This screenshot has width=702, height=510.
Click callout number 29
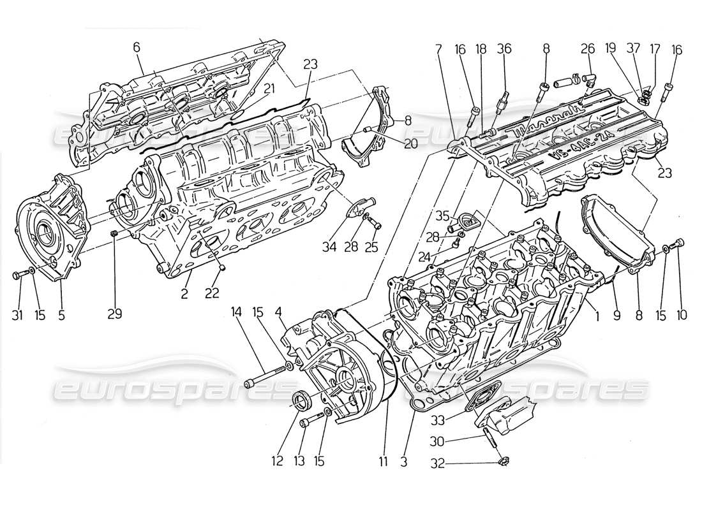115,314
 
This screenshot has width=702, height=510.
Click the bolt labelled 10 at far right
680,244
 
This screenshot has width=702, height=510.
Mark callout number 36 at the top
504,48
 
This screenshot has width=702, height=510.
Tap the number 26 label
588,48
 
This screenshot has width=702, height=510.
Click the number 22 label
212,293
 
